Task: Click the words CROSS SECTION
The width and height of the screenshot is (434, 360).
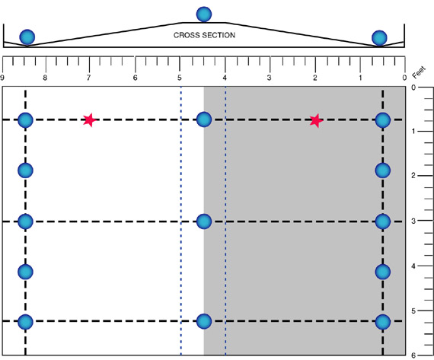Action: (x=204, y=35)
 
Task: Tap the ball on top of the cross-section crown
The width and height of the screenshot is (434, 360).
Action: (x=204, y=14)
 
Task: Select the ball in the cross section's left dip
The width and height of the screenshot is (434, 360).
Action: (x=27, y=37)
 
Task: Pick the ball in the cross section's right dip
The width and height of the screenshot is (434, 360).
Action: (x=379, y=38)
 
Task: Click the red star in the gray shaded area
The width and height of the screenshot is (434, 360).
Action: (x=316, y=121)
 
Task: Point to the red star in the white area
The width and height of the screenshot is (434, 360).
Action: (x=89, y=120)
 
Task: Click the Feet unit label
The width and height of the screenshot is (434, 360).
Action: (x=419, y=72)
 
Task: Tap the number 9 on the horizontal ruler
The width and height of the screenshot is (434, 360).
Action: (x=2, y=78)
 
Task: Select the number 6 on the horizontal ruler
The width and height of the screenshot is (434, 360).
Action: (x=135, y=78)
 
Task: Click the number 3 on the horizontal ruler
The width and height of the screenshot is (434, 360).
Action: (x=269, y=78)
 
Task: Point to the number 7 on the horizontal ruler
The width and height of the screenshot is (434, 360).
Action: (x=88, y=78)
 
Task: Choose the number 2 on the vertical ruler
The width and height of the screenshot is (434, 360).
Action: (x=413, y=176)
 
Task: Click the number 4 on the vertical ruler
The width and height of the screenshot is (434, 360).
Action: (x=413, y=266)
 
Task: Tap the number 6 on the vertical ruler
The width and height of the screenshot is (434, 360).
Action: (x=413, y=355)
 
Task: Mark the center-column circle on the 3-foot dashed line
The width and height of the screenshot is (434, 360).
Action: (x=204, y=221)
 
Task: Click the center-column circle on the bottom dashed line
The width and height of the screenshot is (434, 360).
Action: (x=204, y=321)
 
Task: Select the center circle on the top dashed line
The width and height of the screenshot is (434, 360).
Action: (x=204, y=119)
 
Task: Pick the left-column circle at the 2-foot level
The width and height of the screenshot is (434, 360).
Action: (x=25, y=170)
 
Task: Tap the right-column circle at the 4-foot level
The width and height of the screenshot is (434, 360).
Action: (x=383, y=272)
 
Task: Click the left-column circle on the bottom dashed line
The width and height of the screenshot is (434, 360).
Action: (x=25, y=322)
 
